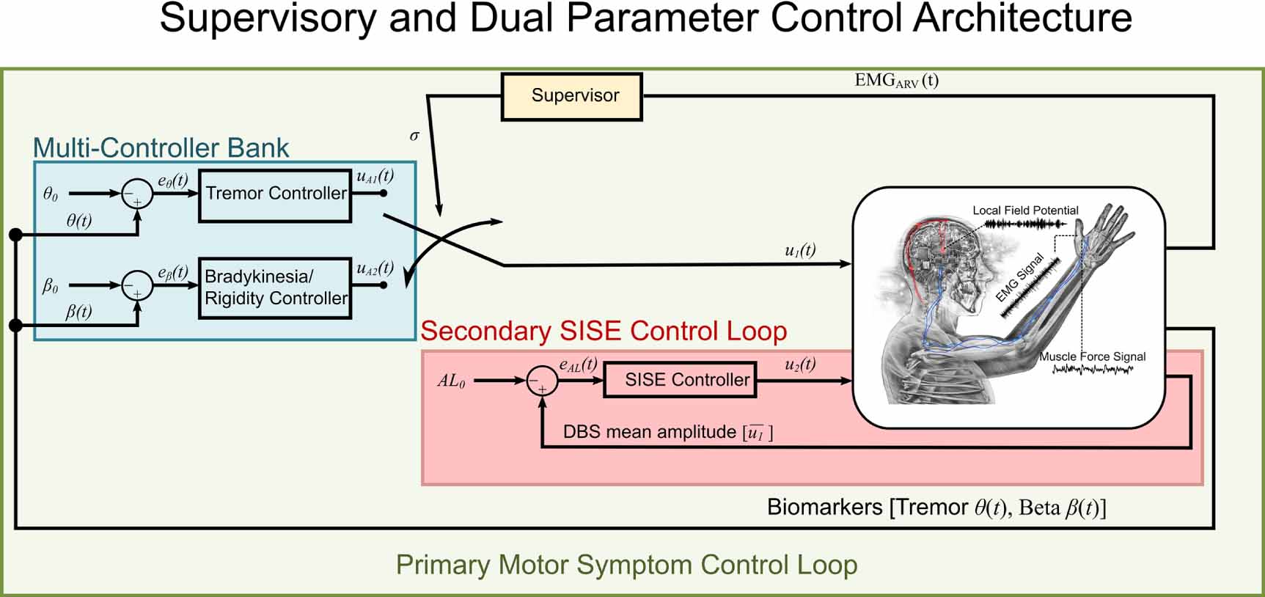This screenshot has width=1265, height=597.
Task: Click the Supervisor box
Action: (571, 96)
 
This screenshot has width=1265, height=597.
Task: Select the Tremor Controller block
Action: (275, 195)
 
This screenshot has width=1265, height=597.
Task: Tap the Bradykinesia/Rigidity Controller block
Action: (275, 288)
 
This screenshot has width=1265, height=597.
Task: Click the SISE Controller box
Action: (679, 380)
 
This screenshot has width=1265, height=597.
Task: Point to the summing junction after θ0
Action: (136, 195)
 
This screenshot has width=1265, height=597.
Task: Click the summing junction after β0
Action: (136, 286)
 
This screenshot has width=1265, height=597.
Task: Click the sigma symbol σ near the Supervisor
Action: (414, 136)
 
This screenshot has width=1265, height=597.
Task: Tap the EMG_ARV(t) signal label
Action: (896, 81)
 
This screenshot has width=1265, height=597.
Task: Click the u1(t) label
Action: (799, 250)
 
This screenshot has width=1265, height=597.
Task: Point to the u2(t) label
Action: (799, 365)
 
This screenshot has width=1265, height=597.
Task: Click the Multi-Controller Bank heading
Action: (161, 148)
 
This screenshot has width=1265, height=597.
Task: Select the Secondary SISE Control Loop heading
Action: (604, 332)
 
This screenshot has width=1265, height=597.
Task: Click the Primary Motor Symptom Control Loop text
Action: (626, 565)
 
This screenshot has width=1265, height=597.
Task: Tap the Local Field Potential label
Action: (1024, 210)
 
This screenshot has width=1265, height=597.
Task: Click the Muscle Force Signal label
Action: (1092, 356)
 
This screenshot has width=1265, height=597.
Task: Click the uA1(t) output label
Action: (375, 176)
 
